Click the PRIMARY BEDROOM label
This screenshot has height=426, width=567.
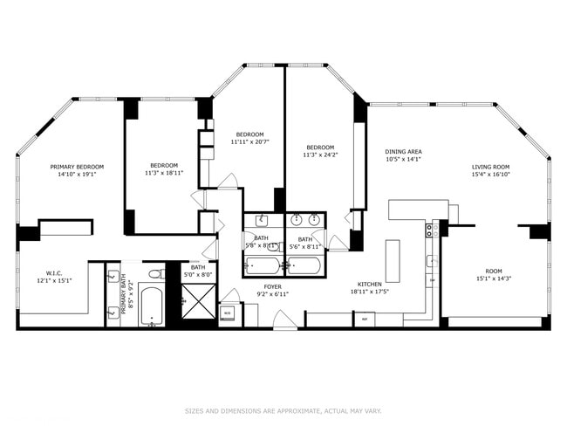(77, 167)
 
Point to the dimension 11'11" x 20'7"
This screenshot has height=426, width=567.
(249, 141)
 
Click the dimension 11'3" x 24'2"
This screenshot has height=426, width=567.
(320, 155)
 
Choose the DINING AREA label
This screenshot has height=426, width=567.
(403, 151)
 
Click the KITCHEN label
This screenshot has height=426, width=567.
(371, 285)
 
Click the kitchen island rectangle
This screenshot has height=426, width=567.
(393, 260)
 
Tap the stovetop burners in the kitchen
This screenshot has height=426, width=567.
(429, 230)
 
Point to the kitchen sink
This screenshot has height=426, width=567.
(431, 260)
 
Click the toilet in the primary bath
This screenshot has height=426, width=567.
(155, 274)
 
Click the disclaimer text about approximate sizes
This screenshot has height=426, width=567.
(283, 410)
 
